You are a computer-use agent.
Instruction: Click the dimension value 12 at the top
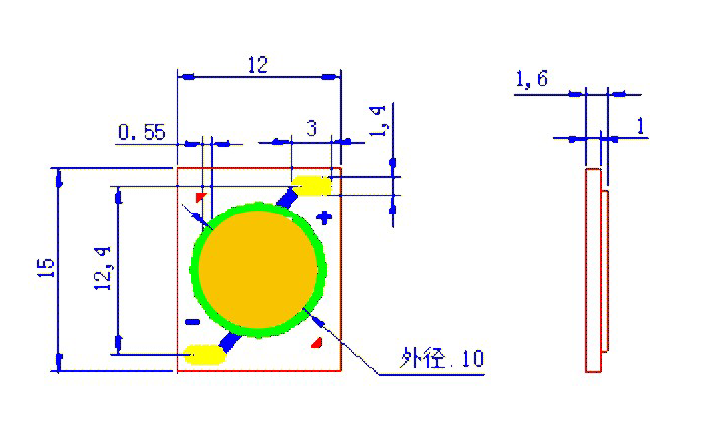(x=257, y=65)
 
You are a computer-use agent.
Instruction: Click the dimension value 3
(x=311, y=128)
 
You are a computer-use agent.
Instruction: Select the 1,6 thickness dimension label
(x=531, y=80)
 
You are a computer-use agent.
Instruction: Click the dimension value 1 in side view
(x=639, y=126)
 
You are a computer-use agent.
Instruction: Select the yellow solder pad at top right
(x=312, y=186)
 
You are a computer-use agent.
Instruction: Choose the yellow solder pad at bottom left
(x=205, y=353)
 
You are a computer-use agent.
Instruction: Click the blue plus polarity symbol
(x=322, y=217)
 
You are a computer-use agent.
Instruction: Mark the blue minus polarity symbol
(x=192, y=321)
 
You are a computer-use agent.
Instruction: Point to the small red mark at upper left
(x=200, y=197)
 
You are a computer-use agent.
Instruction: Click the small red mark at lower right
(x=317, y=343)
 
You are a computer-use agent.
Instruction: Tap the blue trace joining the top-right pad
(x=288, y=199)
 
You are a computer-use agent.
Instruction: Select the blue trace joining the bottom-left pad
(x=230, y=341)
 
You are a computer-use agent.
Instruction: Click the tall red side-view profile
(x=592, y=269)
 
